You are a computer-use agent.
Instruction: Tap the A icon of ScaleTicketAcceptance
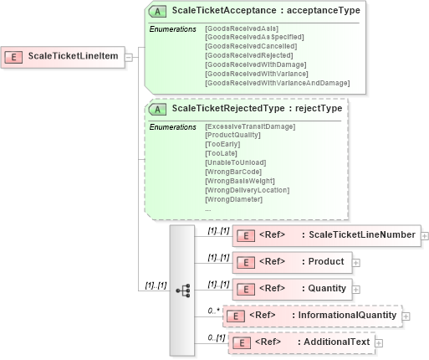coord(157,12)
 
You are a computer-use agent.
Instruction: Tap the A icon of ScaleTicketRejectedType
coord(157,108)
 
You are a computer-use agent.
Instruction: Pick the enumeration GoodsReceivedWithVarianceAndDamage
coord(277,83)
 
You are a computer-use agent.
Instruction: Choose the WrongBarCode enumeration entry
coord(232,172)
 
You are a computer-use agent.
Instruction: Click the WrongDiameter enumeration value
coord(232,199)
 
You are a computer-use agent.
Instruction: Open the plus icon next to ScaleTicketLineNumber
coord(425,235)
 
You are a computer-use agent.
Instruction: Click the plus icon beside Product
coord(356,262)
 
